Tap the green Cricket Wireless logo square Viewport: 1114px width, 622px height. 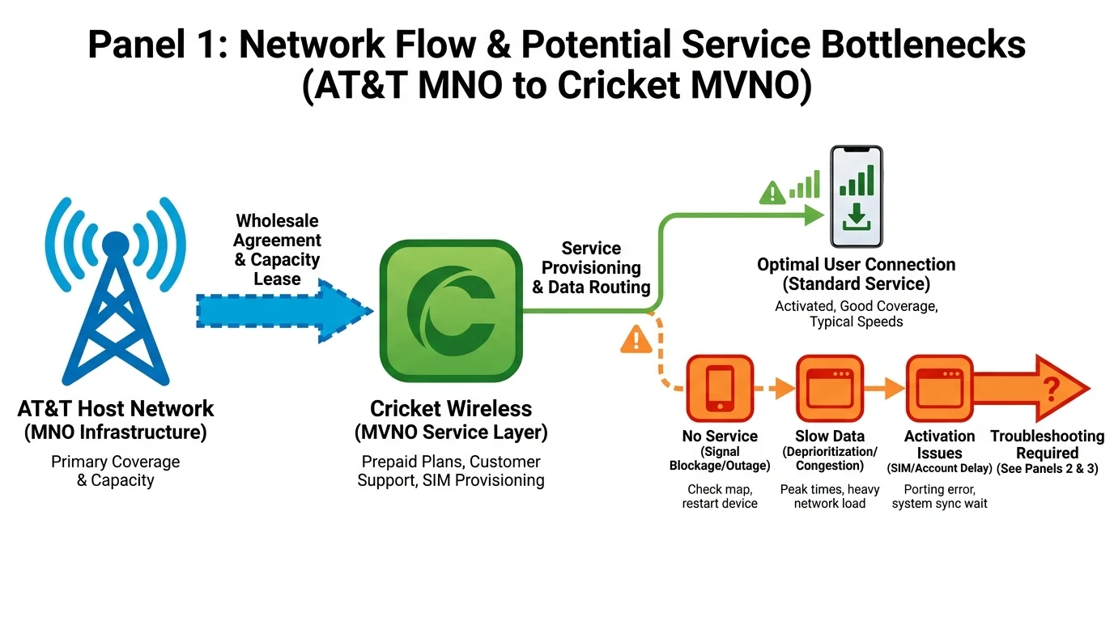[450, 310]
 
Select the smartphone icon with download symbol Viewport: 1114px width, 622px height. [857, 196]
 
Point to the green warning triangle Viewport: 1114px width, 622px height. [772, 193]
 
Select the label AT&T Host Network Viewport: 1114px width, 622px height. [116, 408]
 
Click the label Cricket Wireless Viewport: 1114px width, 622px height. [451, 408]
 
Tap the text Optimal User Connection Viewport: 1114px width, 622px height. [856, 265]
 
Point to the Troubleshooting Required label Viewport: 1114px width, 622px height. [1047, 445]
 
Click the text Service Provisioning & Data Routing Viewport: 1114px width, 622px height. [591, 267]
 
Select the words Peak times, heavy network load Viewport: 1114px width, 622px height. [829, 496]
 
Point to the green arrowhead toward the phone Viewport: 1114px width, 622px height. [813, 215]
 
